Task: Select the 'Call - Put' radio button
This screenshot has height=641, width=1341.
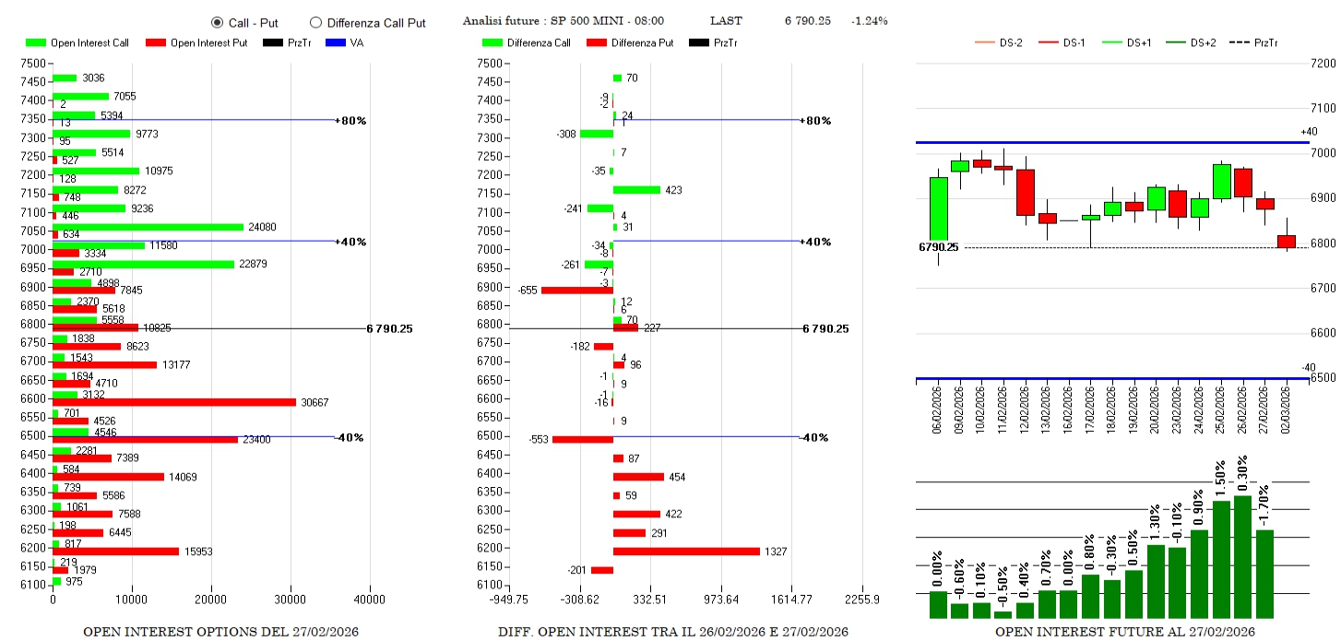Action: pyautogui.click(x=218, y=22)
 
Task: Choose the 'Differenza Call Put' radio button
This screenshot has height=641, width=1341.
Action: pyautogui.click(x=316, y=22)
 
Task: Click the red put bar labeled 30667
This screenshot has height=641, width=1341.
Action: pyautogui.click(x=174, y=402)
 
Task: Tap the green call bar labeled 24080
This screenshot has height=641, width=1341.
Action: pyautogui.click(x=148, y=227)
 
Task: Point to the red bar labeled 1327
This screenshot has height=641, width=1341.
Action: pyautogui.click(x=686, y=552)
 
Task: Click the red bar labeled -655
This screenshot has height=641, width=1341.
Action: pyautogui.click(x=576, y=290)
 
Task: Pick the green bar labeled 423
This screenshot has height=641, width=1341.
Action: pyautogui.click(x=636, y=190)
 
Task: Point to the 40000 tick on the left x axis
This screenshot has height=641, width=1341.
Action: pyautogui.click(x=370, y=599)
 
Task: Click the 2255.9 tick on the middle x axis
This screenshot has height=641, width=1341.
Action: pyautogui.click(x=862, y=599)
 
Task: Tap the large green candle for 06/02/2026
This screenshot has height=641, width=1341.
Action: pyautogui.click(x=938, y=208)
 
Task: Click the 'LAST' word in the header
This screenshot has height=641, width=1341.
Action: pyautogui.click(x=725, y=21)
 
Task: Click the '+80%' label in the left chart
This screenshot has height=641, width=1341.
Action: pyautogui.click(x=350, y=121)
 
